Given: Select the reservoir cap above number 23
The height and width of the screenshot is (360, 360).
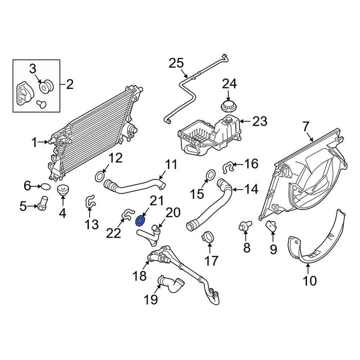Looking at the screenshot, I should click(x=228, y=106).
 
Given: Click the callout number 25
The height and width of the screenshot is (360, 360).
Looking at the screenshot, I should click(x=176, y=63).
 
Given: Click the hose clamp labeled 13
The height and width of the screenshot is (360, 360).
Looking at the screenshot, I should click(x=89, y=201).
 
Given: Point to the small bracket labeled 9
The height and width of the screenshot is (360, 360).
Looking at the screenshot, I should click(x=271, y=226).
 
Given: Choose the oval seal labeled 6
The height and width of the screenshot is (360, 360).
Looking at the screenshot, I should click(x=45, y=186).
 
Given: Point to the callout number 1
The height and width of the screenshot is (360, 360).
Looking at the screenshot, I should click(x=34, y=142).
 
